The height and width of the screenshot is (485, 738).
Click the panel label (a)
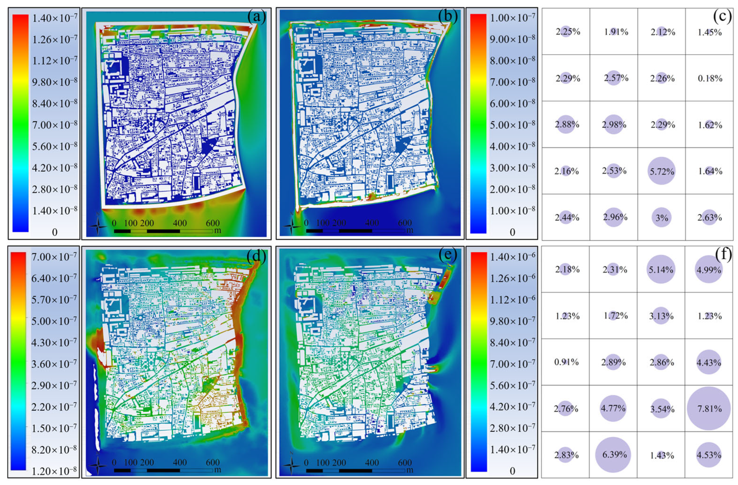coord(257,17)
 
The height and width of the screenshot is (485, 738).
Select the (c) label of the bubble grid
coord(723,16)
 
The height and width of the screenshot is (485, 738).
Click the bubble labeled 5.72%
coord(661,171)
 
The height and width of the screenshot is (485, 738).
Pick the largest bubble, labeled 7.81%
coord(709,408)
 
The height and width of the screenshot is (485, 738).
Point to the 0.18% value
coord(710,78)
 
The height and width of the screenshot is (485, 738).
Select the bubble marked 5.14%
coord(661,270)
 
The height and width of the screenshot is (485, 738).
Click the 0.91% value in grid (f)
coord(566,362)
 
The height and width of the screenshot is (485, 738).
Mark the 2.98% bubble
coord(614,125)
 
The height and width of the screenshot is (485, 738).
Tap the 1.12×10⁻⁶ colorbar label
coord(512,300)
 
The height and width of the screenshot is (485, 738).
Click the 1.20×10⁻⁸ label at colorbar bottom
coord(54,471)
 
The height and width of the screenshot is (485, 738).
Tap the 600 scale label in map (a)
coord(213,223)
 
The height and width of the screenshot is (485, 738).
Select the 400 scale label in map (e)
coord(372,462)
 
